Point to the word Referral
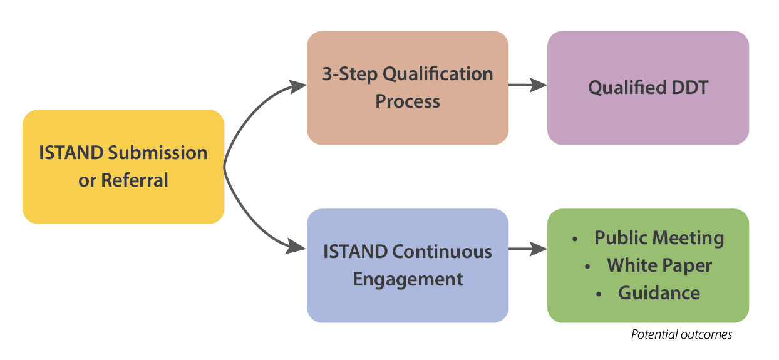(135, 180)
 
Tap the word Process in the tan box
(408, 101)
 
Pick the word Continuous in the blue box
(442, 252)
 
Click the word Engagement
(408, 279)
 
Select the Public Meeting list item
(659, 238)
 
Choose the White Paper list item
(659, 265)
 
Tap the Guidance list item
(659, 293)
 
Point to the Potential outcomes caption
(681, 335)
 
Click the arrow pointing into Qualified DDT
(528, 85)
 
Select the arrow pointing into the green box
(528, 250)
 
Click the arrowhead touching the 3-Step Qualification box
(297, 86)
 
